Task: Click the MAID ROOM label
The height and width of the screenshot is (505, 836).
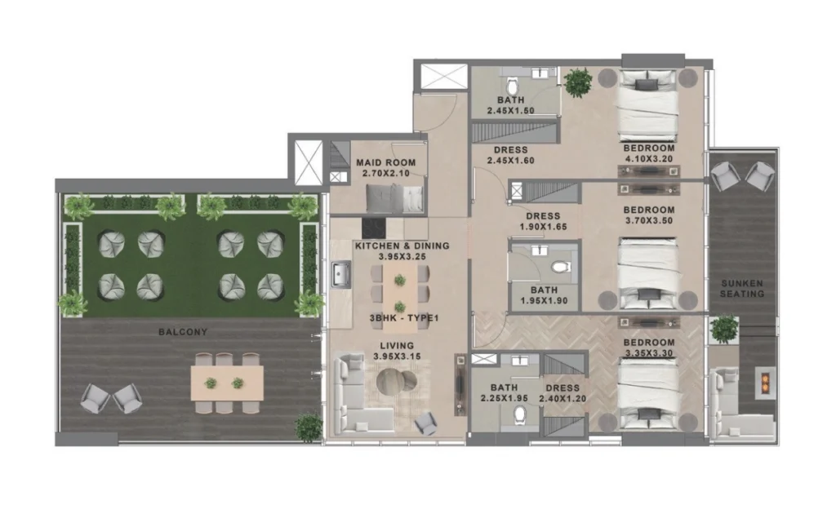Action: (x=386, y=162)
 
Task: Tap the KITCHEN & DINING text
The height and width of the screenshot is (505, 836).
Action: (x=402, y=246)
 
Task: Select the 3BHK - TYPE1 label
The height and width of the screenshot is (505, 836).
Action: (x=402, y=318)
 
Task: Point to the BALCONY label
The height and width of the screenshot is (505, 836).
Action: (x=183, y=332)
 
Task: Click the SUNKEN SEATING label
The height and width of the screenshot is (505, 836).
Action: (x=742, y=288)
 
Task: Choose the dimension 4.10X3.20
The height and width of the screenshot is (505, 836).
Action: (x=648, y=159)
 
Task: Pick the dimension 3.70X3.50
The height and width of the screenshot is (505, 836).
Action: (x=647, y=219)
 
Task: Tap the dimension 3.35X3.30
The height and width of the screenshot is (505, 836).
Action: (x=648, y=354)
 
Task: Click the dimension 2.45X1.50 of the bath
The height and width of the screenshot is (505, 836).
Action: (x=510, y=110)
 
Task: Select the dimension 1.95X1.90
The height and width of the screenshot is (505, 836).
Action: (x=538, y=301)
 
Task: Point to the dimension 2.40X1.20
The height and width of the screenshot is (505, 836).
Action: (x=562, y=399)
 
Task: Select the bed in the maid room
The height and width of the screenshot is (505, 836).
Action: (x=395, y=198)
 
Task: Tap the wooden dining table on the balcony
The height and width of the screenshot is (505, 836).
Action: (x=227, y=381)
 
